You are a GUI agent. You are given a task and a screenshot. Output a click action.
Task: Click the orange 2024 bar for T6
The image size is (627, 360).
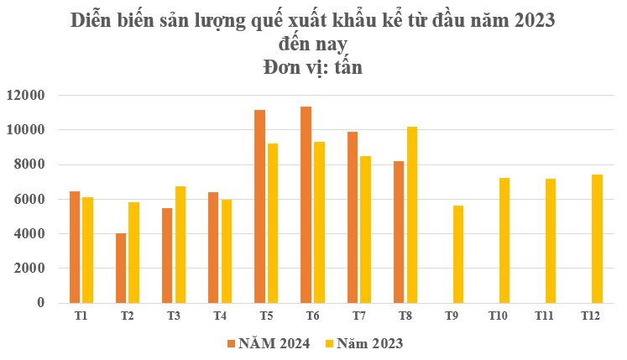click(x=306, y=205)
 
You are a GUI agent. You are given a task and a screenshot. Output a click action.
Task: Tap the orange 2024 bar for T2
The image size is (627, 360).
click(x=121, y=268)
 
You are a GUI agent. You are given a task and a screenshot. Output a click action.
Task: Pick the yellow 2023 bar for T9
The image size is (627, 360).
click(x=457, y=254)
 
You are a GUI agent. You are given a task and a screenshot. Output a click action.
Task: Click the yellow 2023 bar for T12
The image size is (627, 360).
click(x=597, y=238)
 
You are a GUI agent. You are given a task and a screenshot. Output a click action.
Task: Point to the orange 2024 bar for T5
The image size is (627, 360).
click(x=259, y=206)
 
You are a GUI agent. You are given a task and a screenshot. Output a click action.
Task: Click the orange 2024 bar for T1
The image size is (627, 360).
click(x=75, y=247)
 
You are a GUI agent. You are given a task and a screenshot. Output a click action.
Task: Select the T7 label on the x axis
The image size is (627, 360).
click(x=358, y=316)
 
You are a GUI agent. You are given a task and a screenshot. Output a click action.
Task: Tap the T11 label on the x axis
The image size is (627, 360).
click(x=544, y=316)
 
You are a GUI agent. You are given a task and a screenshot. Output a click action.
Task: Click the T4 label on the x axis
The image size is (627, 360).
click(x=220, y=316)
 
